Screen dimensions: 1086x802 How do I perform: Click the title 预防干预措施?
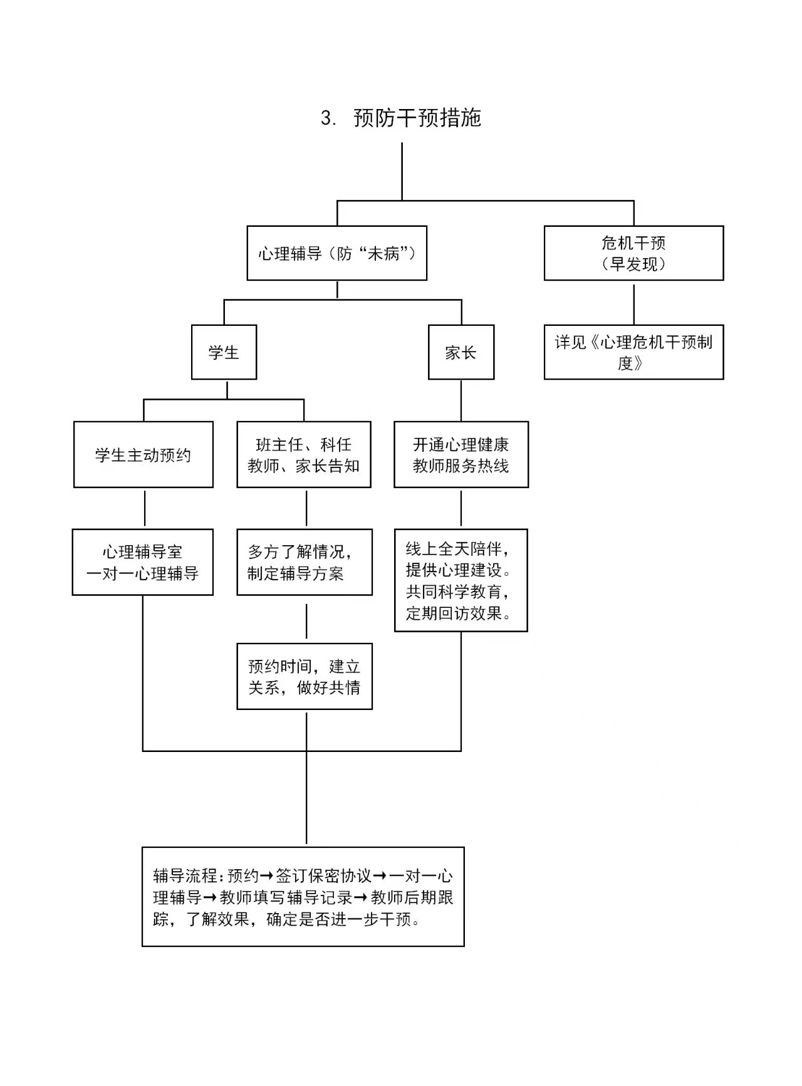[417, 118]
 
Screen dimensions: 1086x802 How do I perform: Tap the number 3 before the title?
[327, 118]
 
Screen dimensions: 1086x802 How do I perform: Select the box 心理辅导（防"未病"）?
[336, 253]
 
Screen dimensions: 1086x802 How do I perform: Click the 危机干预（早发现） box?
[633, 253]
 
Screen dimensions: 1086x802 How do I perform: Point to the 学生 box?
[224, 352]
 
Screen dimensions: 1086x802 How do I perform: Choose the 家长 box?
[461, 352]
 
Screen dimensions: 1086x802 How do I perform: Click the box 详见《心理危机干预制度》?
[633, 352]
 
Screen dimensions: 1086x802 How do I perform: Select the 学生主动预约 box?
[143, 455]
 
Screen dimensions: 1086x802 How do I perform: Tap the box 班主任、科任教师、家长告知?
[303, 455]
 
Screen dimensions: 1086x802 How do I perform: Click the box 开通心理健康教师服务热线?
[461, 455]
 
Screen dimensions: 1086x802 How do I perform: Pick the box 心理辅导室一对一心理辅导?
[142, 562]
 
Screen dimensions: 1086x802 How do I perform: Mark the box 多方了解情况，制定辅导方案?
[304, 562]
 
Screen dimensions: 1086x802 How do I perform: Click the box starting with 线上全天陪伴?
[461, 580]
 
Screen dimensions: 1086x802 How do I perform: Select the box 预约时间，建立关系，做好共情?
[304, 677]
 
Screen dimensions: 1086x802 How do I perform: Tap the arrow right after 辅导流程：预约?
[266, 875]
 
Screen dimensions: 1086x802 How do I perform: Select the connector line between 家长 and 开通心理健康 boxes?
[461, 400]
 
